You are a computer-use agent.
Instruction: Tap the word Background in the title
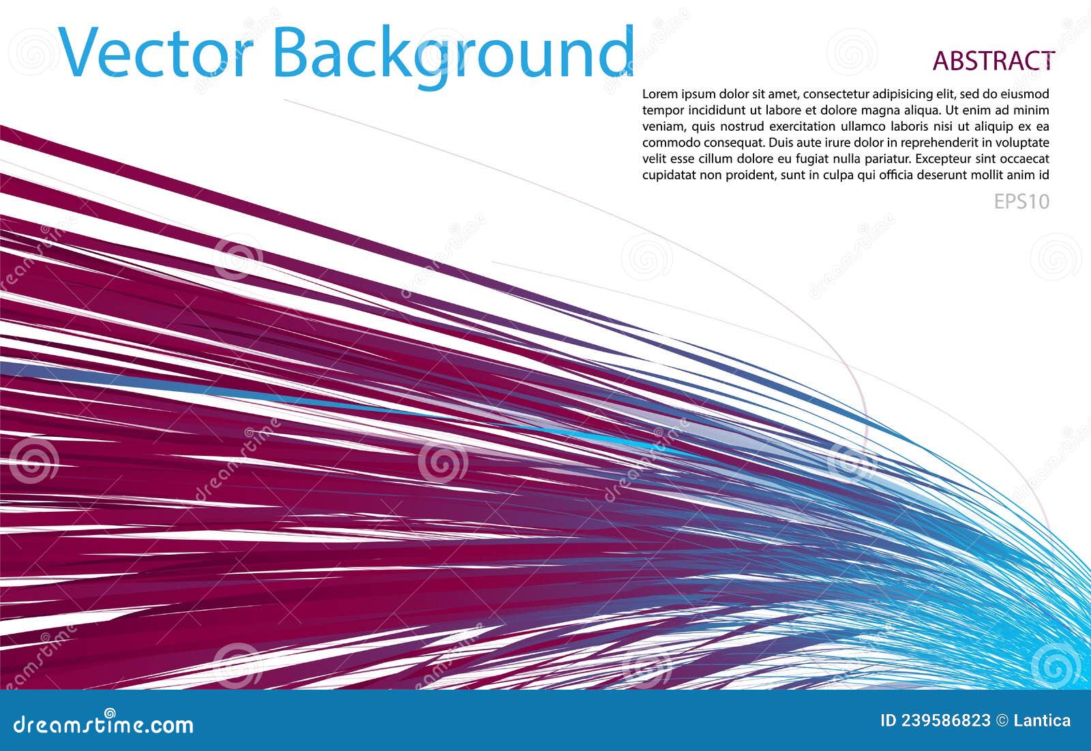[453, 53]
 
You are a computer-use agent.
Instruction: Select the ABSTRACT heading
[993, 61]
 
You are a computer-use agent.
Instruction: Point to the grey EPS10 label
[1021, 202]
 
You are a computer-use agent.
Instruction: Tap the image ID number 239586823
[944, 721]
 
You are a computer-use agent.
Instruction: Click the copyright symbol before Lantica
[1002, 721]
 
